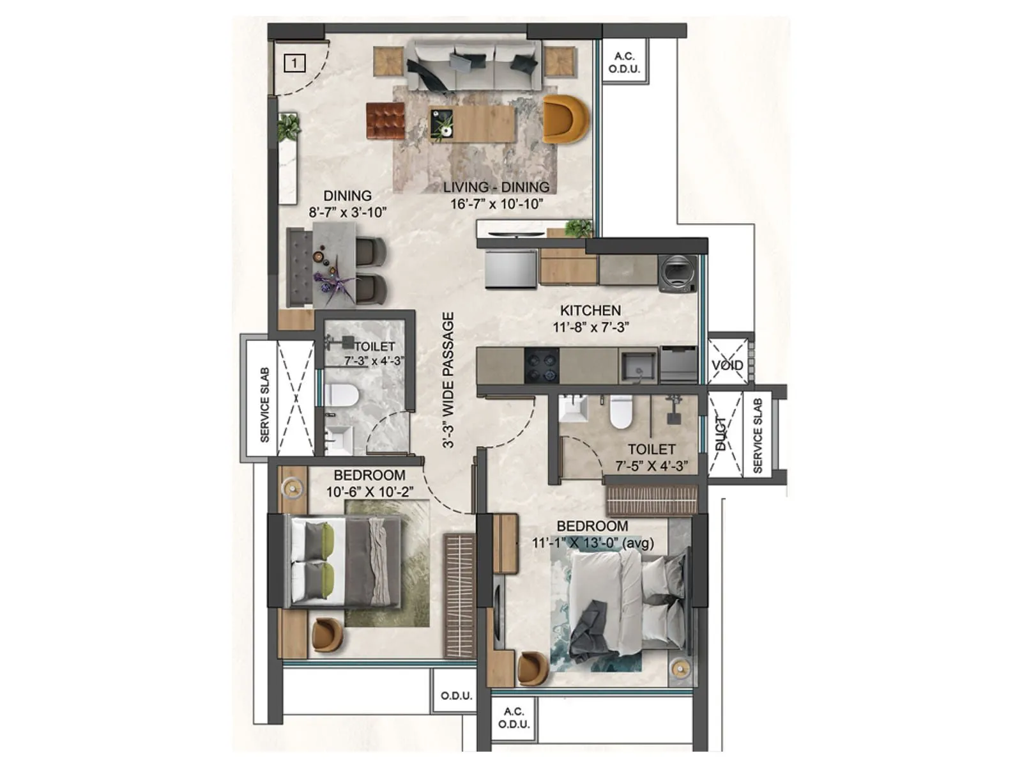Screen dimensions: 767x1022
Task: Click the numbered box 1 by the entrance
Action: pos(294,63)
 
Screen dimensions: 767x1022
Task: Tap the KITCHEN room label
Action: pos(590,311)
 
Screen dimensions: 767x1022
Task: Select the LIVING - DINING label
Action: pos(496,187)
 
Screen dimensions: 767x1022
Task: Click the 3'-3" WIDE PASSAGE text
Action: pos(448,380)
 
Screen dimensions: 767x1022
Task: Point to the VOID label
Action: pos(728,365)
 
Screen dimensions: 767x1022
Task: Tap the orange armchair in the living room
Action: pos(565,119)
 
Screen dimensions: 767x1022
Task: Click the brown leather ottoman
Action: pos(386,121)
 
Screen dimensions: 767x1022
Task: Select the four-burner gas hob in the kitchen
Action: pos(541,366)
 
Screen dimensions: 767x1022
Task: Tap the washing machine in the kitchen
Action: pos(677,274)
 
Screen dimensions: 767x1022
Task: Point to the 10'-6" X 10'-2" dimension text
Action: pos(369,492)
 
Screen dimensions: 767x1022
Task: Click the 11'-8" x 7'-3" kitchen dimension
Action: pos(591,327)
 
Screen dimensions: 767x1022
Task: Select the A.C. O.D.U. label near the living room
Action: pos(624,63)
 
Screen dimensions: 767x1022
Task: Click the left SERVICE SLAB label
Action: pos(264,405)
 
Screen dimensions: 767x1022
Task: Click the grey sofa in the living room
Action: pos(473,66)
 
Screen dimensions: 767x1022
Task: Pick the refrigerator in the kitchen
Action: pos(510,269)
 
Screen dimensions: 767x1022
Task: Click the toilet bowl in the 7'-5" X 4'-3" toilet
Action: pos(621,412)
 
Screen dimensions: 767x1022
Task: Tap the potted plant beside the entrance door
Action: pos(288,127)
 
